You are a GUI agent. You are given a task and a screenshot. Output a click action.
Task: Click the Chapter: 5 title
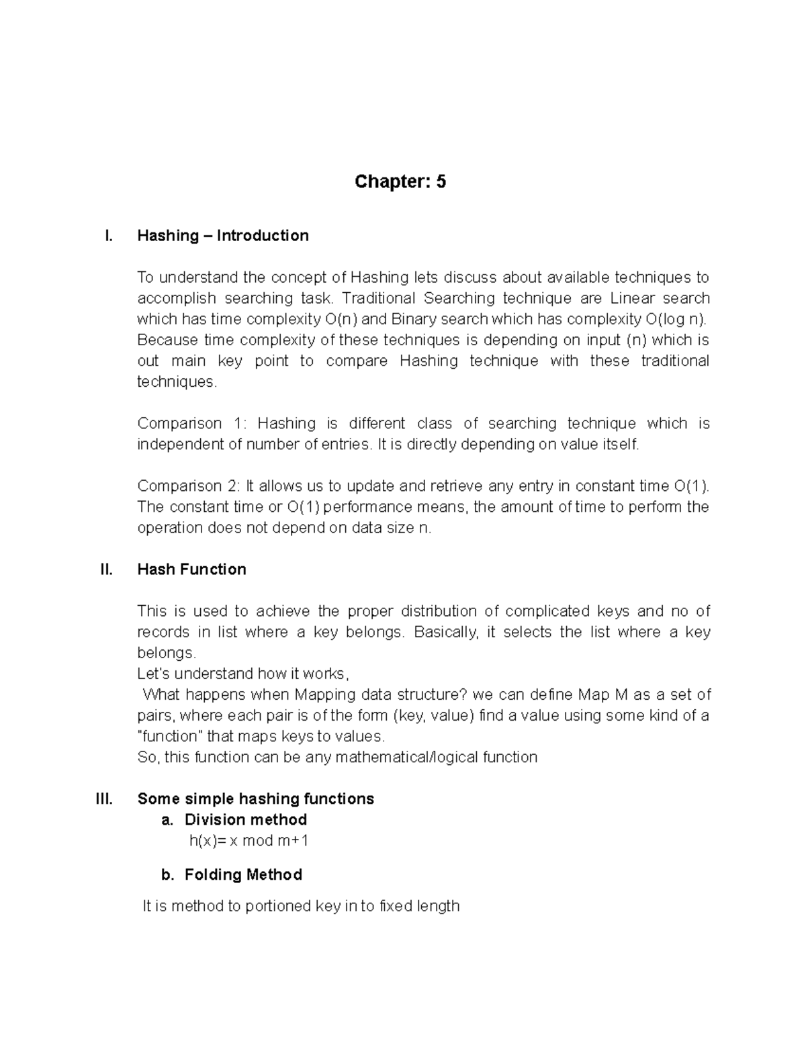click(x=400, y=182)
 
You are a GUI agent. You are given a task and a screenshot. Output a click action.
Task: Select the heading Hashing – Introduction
click(x=222, y=236)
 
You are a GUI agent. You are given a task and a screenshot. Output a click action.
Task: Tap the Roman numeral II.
click(x=106, y=570)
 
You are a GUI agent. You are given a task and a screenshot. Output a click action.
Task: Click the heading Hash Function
click(x=191, y=570)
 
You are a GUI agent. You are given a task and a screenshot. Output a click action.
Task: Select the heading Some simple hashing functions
click(x=255, y=799)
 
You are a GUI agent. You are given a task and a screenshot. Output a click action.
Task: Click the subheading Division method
click(x=245, y=820)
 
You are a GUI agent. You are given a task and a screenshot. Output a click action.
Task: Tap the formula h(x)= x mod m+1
click(x=249, y=841)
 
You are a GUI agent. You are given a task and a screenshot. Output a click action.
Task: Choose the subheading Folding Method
click(x=243, y=875)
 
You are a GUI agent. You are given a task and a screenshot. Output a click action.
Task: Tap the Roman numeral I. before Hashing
click(x=108, y=236)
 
